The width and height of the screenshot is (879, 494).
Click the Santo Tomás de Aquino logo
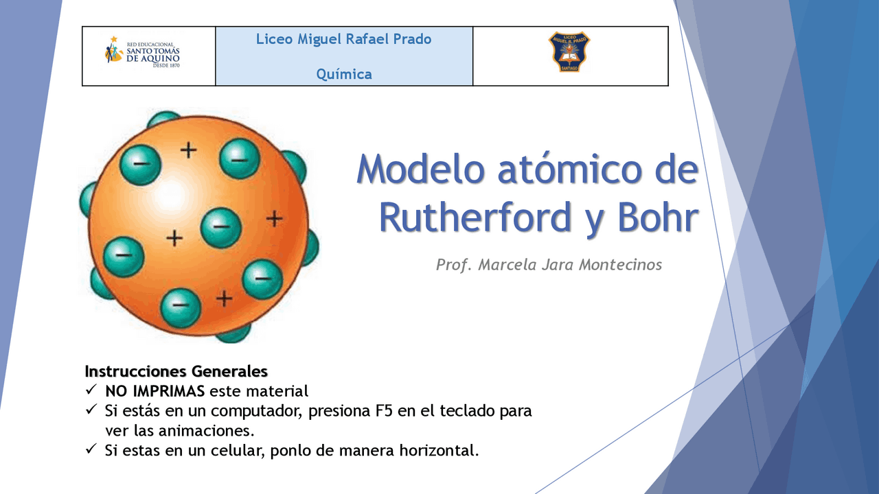pyautogui.click(x=142, y=54)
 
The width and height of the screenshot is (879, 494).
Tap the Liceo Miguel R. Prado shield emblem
pyautogui.click(x=569, y=52)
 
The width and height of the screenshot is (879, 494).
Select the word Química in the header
pyautogui.click(x=344, y=74)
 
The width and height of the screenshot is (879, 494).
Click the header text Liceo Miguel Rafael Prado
pyautogui.click(x=344, y=39)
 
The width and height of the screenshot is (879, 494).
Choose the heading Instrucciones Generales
pyautogui.click(x=176, y=372)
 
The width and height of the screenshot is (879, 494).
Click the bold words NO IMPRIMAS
pyautogui.click(x=155, y=392)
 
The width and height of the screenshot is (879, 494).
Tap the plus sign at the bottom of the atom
pyautogui.click(x=224, y=298)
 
